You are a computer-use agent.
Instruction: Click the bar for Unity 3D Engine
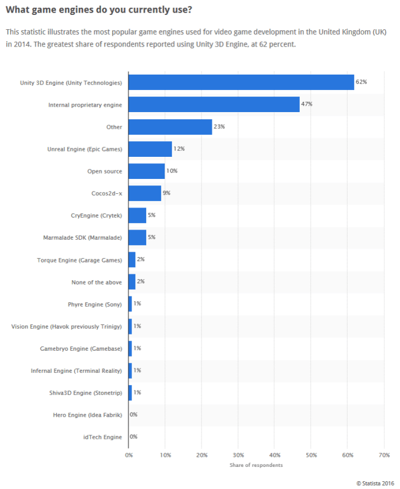[x=241, y=82]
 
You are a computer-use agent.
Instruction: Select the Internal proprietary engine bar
[x=214, y=104]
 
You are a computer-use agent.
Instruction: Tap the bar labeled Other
[x=170, y=126]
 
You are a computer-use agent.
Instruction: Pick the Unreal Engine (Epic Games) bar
[x=150, y=148]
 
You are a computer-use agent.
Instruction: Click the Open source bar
[x=147, y=171]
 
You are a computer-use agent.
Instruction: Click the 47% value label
[x=307, y=104]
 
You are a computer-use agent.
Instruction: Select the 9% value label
[x=166, y=193]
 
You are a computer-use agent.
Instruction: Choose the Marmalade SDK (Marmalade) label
[x=82, y=237]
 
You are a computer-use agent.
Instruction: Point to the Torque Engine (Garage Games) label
[x=79, y=259]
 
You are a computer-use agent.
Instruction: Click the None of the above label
[x=97, y=281]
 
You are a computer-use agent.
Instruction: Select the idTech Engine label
[x=103, y=437]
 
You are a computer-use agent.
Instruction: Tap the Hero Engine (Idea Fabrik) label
[x=88, y=415]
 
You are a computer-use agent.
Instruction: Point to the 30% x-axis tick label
[x=238, y=455]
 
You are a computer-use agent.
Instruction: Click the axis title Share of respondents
[x=256, y=465]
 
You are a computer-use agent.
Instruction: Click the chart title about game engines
[x=99, y=10]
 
